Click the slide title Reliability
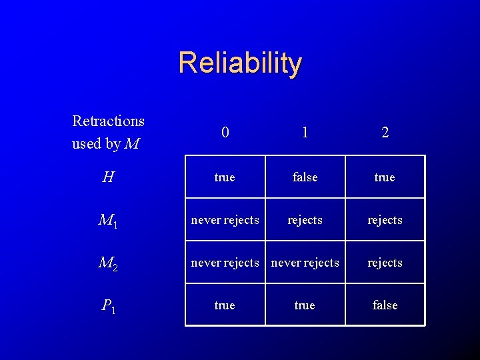[240, 63]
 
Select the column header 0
[225, 132]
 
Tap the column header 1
[305, 132]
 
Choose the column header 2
[385, 132]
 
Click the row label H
[108, 177]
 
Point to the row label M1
[108, 221]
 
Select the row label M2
[108, 263]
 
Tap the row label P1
[108, 306]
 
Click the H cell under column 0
[225, 177]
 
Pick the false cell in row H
[305, 177]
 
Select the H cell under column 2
[385, 177]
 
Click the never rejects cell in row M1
[225, 220]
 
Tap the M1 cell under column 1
[305, 220]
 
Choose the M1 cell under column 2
[385, 220]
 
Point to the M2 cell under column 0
[225, 263]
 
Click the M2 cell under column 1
[305, 263]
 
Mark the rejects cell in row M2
[385, 263]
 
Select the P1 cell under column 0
[225, 305]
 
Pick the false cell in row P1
[385, 305]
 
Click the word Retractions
[108, 121]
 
